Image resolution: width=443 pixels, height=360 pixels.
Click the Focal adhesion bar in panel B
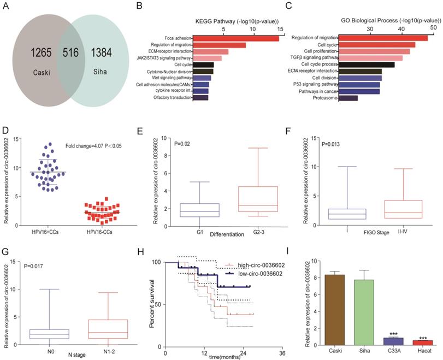pos(236,38)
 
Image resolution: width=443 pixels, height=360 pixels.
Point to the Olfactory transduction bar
pos(200,97)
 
